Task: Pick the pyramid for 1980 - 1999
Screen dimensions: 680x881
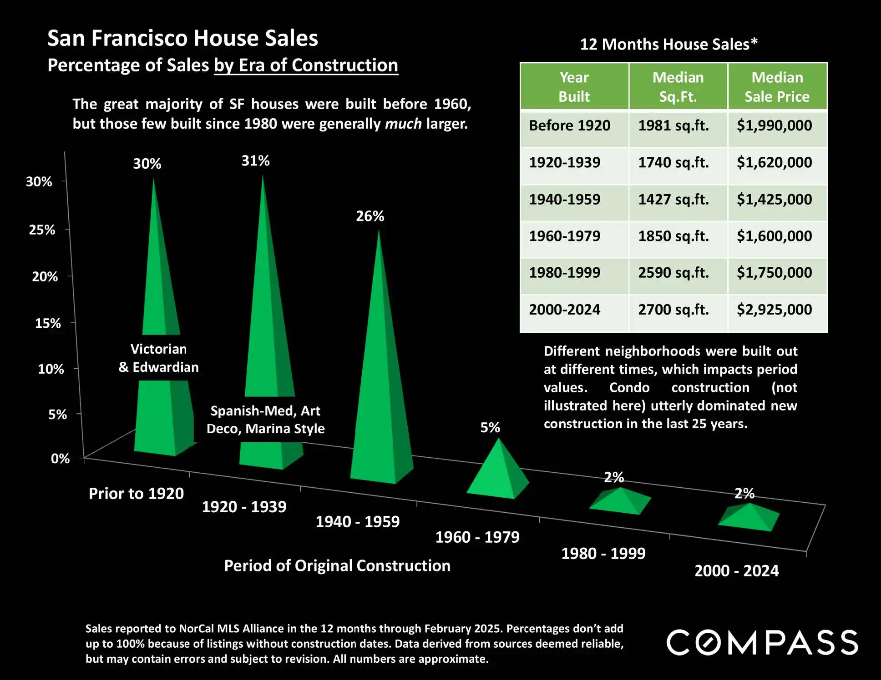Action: (620, 501)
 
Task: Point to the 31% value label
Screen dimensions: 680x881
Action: (255, 160)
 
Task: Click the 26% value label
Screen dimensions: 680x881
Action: (370, 216)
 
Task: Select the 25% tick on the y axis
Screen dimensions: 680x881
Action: (42, 230)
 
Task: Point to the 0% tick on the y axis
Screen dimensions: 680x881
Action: (60, 458)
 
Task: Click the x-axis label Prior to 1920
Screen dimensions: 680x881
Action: (136, 493)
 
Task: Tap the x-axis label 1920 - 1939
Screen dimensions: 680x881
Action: (244, 507)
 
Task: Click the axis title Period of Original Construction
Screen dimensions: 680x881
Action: (337, 565)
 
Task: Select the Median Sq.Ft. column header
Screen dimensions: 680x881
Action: (678, 87)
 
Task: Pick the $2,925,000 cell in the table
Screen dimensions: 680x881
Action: (774, 310)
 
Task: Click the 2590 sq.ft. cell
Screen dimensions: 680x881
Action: (673, 273)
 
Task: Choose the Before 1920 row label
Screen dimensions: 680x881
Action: (570, 125)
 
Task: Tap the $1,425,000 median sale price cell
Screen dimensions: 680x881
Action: (774, 199)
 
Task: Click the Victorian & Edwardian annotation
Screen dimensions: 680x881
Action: (158, 358)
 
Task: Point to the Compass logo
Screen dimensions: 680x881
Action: (762, 642)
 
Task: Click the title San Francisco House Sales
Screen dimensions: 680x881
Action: (182, 38)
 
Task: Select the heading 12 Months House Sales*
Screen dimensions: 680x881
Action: (668, 44)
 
